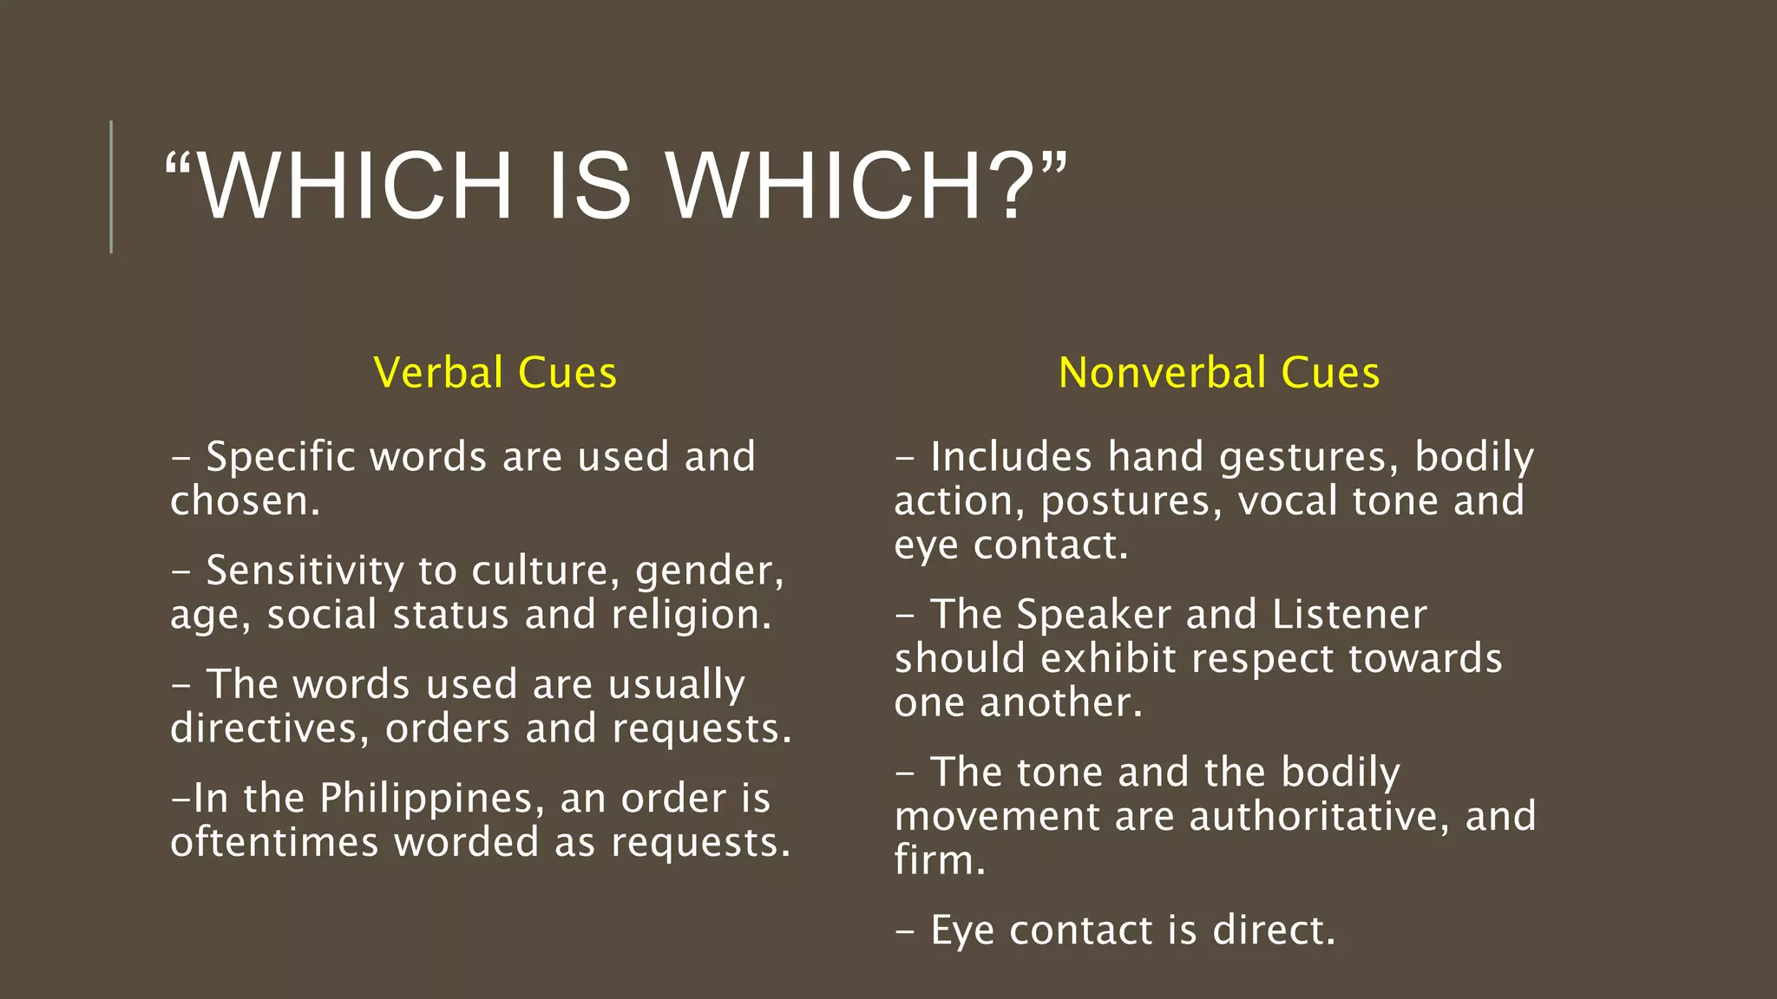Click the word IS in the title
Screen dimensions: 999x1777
click(x=590, y=186)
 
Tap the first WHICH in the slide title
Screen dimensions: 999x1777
click(x=356, y=186)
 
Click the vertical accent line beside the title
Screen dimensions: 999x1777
click(x=111, y=186)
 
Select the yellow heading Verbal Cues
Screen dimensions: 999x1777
click(x=495, y=373)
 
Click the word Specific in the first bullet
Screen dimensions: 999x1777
click(x=280, y=457)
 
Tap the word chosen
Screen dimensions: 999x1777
click(x=243, y=501)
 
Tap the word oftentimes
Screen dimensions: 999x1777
click(x=274, y=843)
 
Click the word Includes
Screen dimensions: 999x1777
click(x=1011, y=457)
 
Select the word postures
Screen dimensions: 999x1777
click(x=1131, y=501)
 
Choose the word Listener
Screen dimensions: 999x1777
click(x=1349, y=615)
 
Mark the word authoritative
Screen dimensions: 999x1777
click(x=1319, y=817)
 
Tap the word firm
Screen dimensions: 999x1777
click(x=939, y=861)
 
